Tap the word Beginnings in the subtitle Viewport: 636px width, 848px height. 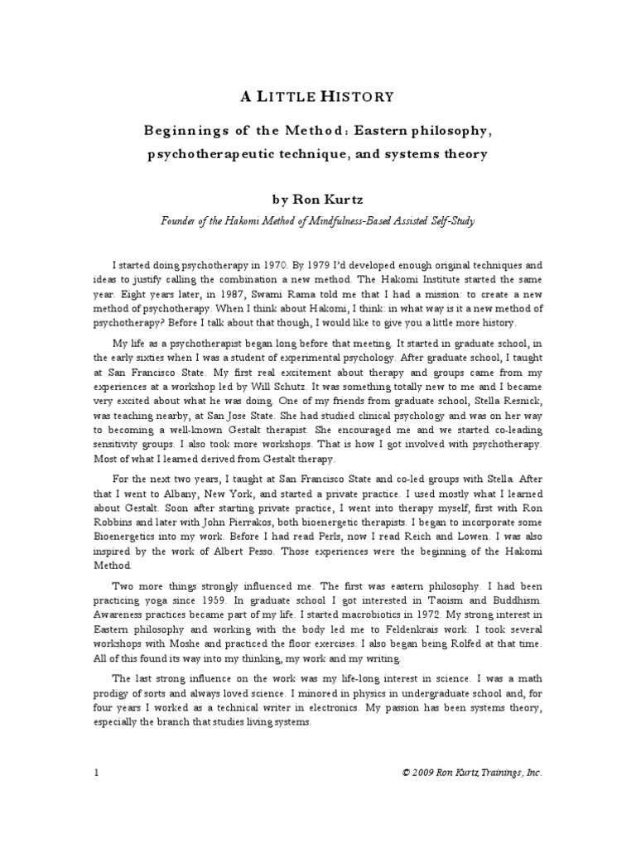(x=185, y=132)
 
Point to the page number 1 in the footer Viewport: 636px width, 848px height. (x=96, y=772)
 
